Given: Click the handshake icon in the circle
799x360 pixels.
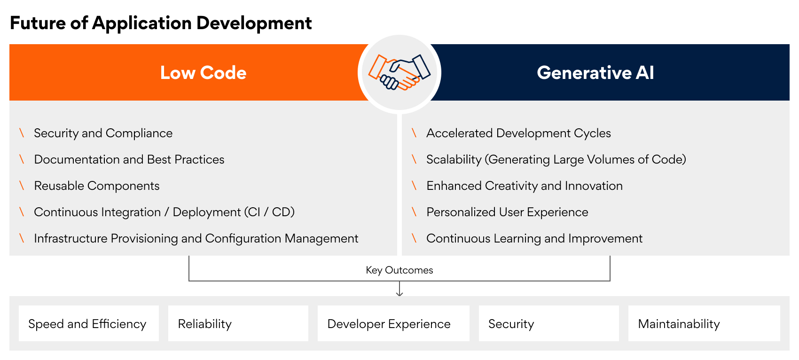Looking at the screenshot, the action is point(399,72).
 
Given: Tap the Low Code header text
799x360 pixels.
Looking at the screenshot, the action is point(204,73).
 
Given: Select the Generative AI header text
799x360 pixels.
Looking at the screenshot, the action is point(595,73).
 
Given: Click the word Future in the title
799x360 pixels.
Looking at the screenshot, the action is point(38,23).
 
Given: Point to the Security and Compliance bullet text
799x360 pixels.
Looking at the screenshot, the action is point(103,133).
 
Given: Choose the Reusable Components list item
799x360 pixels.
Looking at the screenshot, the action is point(97,186).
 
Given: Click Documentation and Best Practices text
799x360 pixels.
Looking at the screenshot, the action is point(129,159).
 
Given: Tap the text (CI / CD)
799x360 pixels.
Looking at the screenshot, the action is point(269,212).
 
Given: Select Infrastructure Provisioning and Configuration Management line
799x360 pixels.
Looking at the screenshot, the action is point(196,238).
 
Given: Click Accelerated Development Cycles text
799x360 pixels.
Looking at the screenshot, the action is point(518,133).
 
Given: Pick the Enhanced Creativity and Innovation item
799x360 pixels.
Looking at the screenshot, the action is point(525,186).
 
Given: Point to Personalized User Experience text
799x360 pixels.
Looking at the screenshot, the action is point(507,212).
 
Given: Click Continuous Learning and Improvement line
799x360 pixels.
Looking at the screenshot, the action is point(534,238).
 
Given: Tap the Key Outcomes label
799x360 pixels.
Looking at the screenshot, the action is point(399,270).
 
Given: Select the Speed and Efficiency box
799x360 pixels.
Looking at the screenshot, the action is point(89,323).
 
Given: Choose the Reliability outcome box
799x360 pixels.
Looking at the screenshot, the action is point(238,323).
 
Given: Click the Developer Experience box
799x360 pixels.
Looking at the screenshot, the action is point(393,323).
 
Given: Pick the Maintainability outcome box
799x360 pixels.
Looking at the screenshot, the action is point(704,323).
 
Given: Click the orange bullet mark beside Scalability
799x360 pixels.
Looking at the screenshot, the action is point(414,159).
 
